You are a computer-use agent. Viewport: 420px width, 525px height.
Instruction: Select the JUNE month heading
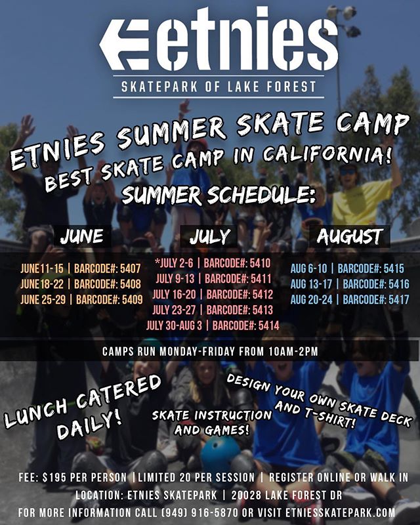tap(82, 236)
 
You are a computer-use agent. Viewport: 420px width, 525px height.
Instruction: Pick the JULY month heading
tap(210, 236)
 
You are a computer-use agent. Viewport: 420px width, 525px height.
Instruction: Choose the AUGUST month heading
tap(349, 236)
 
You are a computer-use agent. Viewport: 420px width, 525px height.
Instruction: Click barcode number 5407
tap(131, 268)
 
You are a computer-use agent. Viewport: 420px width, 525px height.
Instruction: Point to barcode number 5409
tap(133, 299)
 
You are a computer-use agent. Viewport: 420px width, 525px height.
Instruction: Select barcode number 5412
tap(263, 294)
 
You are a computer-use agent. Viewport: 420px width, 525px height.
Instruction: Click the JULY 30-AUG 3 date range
tap(174, 325)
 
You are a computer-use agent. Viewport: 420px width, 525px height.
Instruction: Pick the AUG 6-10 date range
tap(308, 268)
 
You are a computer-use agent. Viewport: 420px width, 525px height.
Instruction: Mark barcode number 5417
tap(399, 299)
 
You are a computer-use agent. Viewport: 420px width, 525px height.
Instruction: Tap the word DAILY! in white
tap(89, 425)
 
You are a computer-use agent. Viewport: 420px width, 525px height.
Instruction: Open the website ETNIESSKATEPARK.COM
tap(341, 513)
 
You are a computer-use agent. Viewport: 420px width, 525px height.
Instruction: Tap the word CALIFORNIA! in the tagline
tap(327, 153)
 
